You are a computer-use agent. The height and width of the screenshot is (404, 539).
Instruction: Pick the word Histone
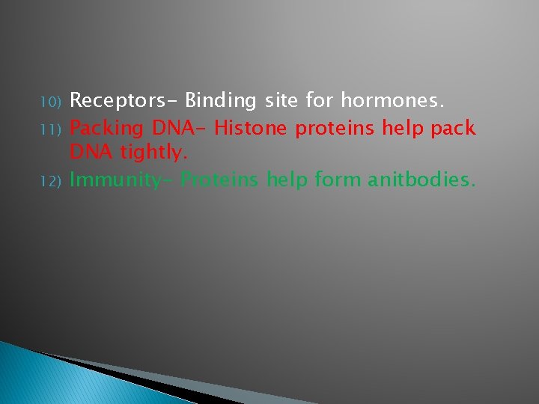251,128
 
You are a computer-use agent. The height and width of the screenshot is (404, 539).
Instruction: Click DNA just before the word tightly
91,154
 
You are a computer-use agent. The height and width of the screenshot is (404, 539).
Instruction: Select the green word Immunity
120,181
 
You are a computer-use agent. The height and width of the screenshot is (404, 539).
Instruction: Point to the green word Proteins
218,180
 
